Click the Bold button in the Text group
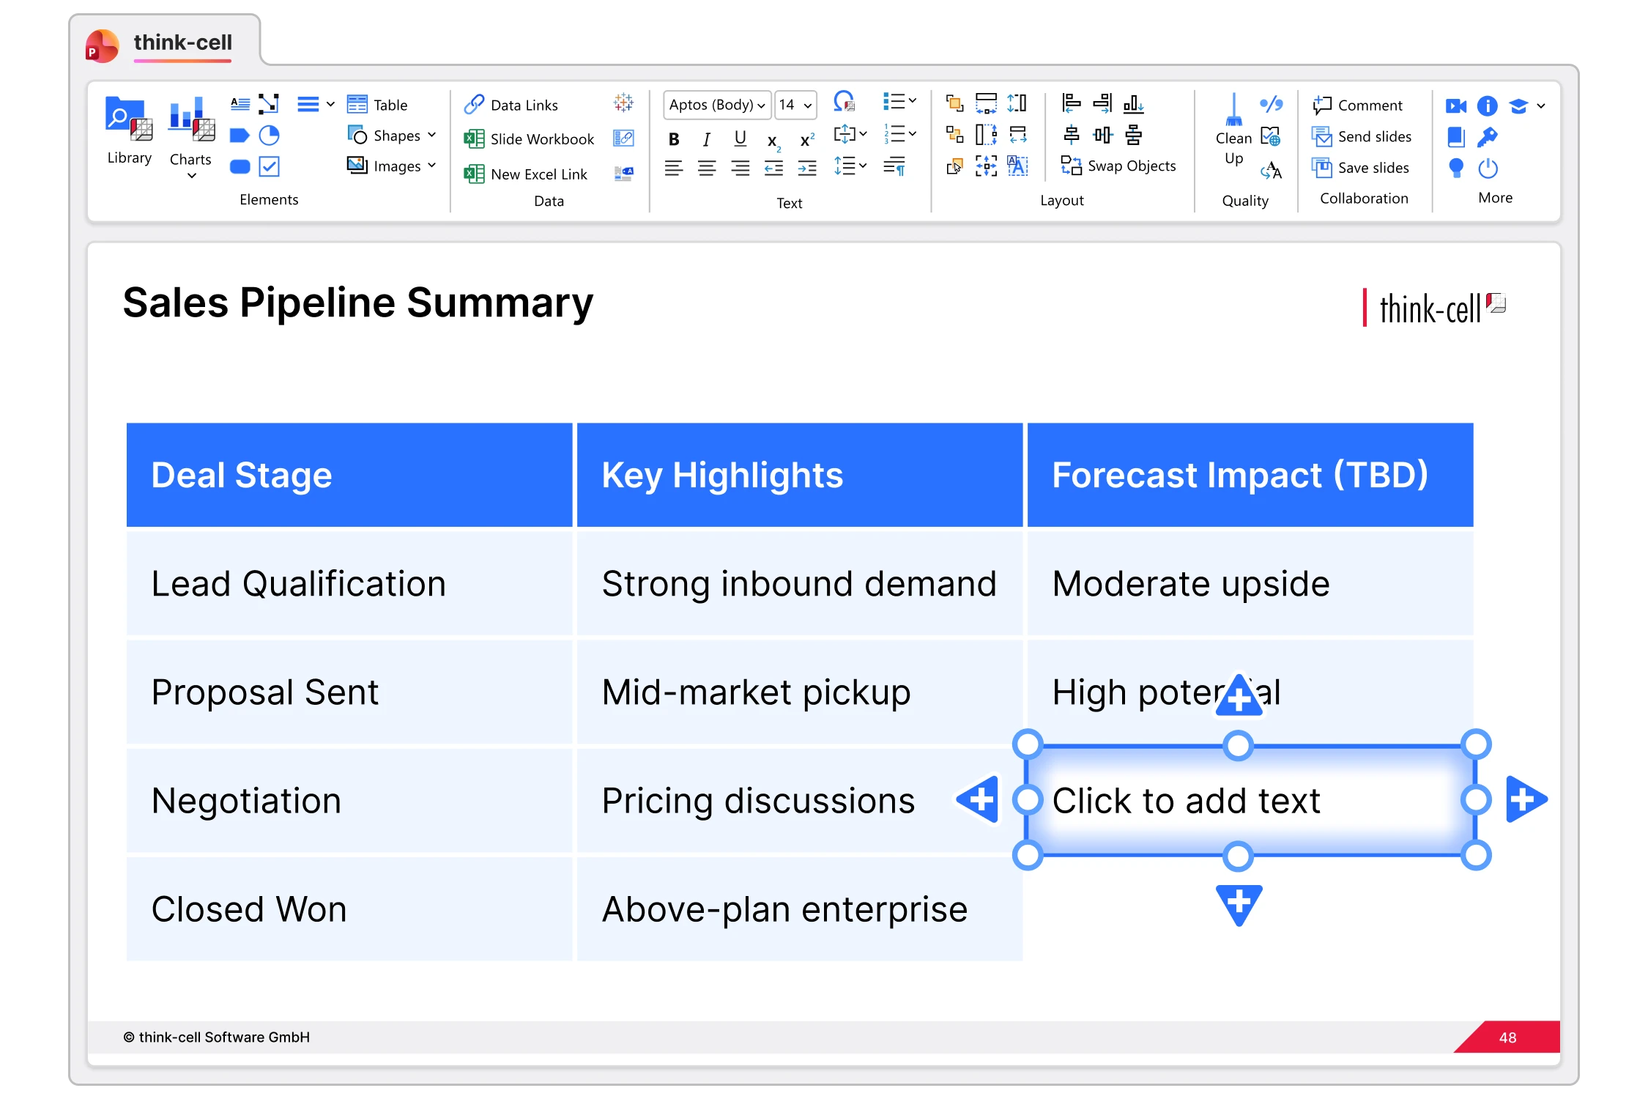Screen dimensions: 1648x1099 [674, 139]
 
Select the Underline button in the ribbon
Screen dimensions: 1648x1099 [741, 138]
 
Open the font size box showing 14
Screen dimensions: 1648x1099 [795, 105]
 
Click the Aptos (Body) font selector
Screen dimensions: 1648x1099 [716, 105]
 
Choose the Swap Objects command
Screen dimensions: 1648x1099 [1118, 166]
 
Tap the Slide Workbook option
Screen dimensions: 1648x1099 [529, 139]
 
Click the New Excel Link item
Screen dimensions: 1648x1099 [526, 174]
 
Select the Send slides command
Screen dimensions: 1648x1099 [1362, 137]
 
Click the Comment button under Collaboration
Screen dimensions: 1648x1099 [1358, 106]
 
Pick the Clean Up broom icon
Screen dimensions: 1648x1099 [1233, 110]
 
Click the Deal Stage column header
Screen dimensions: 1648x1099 [349, 475]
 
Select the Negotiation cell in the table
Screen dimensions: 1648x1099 [349, 801]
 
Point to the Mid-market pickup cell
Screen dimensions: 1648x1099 [800, 692]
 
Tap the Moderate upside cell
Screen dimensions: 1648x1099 [1250, 584]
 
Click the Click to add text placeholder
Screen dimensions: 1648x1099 [1251, 801]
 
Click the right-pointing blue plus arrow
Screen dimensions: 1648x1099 [1526, 799]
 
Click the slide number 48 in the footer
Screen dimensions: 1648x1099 [1507, 1037]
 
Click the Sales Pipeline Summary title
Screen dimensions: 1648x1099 [358, 303]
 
